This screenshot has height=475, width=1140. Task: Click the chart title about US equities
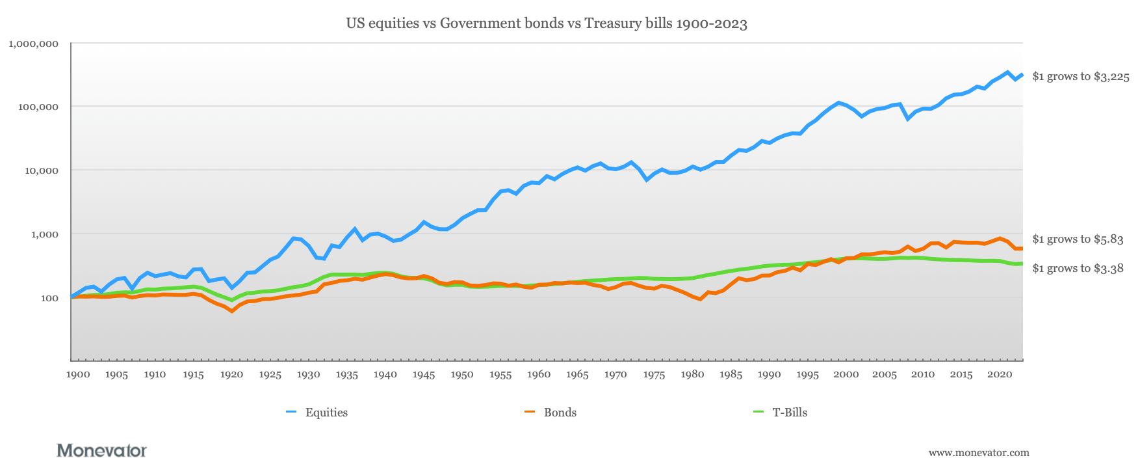click(x=546, y=24)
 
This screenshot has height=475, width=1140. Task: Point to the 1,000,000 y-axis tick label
click(x=34, y=44)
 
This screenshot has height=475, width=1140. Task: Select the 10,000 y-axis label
click(x=40, y=170)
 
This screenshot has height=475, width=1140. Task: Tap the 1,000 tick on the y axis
click(x=42, y=234)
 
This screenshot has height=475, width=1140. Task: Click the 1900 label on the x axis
click(x=78, y=374)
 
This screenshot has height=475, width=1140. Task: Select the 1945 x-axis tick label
click(x=424, y=374)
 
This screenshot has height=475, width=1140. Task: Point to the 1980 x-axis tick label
click(x=692, y=374)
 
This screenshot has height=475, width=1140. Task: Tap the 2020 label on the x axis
click(x=1000, y=374)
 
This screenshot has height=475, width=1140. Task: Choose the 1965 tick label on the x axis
click(x=577, y=374)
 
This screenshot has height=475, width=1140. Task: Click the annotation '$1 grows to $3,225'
click(x=1080, y=77)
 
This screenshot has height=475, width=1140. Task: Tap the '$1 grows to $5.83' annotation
click(x=1078, y=239)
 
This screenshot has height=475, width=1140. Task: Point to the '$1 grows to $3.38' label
click(x=1078, y=269)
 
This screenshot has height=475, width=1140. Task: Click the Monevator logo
click(x=102, y=450)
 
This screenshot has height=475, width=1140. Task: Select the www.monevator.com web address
click(x=979, y=453)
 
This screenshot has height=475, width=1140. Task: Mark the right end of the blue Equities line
click(x=1022, y=74)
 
